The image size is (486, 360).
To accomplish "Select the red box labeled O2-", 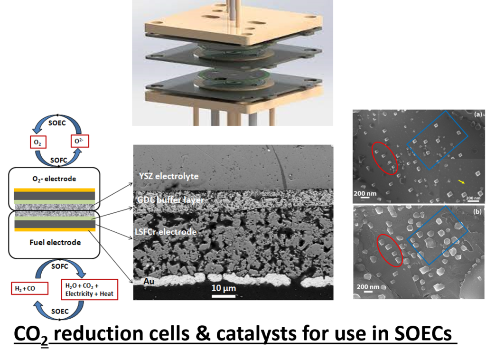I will (x=79, y=141).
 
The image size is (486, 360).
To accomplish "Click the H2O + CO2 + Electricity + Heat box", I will (x=88, y=289).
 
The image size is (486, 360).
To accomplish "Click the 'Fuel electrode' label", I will (x=54, y=242).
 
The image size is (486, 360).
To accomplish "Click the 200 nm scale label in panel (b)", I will (x=368, y=287).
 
